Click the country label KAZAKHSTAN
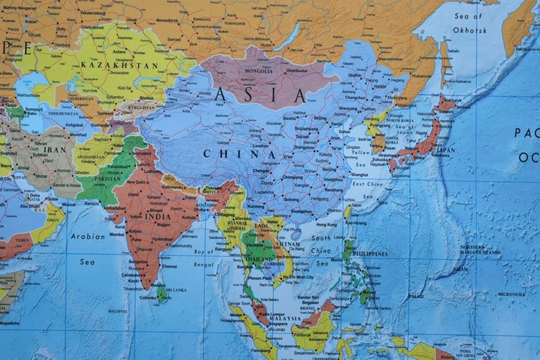[x=119, y=66]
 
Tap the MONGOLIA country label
[x=258, y=71]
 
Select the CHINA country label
[x=238, y=154]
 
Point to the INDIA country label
[x=157, y=216]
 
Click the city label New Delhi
[x=136, y=182]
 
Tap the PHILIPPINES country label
[x=370, y=254]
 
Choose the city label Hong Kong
[x=327, y=225]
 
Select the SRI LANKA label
[x=176, y=290]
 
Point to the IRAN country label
[x=56, y=150]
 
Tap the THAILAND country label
[x=258, y=260]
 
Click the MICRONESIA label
[x=511, y=294]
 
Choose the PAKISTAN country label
[x=107, y=179]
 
